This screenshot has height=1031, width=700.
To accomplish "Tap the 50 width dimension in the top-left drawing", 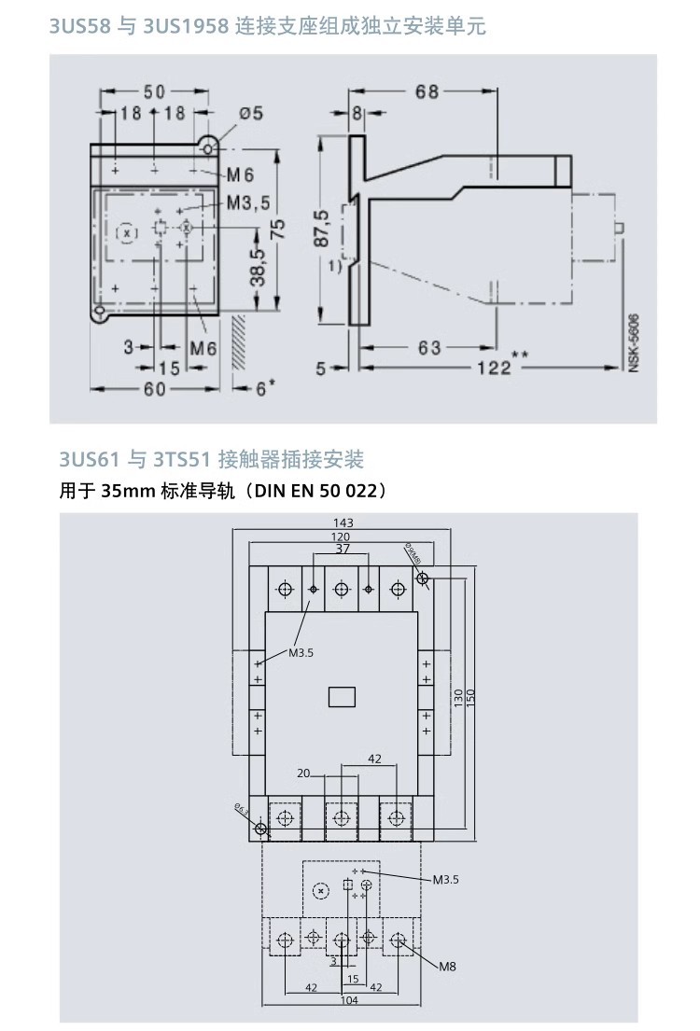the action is point(154,91).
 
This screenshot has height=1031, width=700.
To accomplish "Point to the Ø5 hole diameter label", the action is point(251,113).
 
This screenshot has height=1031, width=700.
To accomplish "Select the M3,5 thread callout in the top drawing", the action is point(247,202).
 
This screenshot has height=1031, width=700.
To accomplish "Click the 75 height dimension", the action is point(277,229).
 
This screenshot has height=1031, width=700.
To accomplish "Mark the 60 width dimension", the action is point(155,389).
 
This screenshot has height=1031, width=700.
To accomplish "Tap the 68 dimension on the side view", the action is point(427,91).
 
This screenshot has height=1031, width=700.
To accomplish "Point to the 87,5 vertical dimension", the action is point(322,228).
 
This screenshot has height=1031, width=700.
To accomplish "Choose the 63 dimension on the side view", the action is point(429,348).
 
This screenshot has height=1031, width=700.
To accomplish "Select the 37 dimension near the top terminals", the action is point(341,549).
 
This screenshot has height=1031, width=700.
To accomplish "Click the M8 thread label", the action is point(448,967).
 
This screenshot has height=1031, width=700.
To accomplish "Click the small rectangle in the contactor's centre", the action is point(342,696).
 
